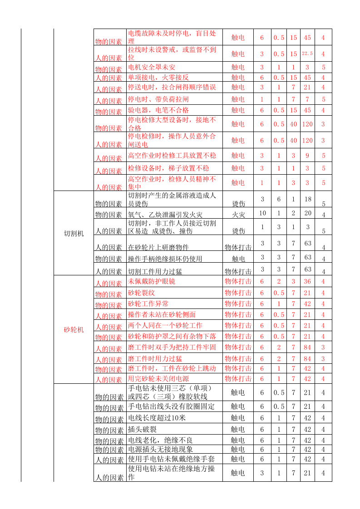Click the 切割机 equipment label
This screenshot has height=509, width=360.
(x=74, y=234)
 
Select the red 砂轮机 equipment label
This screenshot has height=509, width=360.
(x=74, y=330)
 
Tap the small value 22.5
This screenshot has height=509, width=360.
(x=307, y=54)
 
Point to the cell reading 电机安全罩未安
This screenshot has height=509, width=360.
(x=152, y=68)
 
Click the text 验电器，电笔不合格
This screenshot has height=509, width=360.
(x=158, y=110)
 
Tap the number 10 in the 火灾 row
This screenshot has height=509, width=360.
(x=262, y=213)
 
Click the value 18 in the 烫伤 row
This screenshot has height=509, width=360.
(x=307, y=199)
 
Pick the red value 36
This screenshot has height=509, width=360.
(x=307, y=281)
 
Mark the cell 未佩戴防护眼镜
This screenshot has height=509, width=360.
(x=152, y=281)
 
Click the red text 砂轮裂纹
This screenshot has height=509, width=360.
(x=142, y=293)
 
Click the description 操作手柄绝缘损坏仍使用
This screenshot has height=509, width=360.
(x=165, y=259)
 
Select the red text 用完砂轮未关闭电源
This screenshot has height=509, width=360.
(x=158, y=379)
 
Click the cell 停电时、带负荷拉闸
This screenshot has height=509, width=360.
(x=158, y=99)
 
